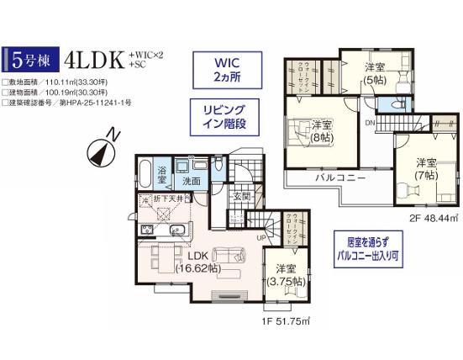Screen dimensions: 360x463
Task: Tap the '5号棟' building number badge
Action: point(29,60)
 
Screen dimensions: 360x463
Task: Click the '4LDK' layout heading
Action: point(90,58)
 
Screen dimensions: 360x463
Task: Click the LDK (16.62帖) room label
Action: point(198,262)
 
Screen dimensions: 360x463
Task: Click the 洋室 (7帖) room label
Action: point(424,168)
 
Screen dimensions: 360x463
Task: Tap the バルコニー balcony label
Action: point(339,179)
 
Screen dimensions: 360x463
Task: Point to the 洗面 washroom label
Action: point(191,180)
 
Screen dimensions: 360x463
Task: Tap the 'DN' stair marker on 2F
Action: point(369,124)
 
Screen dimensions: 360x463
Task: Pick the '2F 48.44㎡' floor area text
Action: point(430,215)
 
